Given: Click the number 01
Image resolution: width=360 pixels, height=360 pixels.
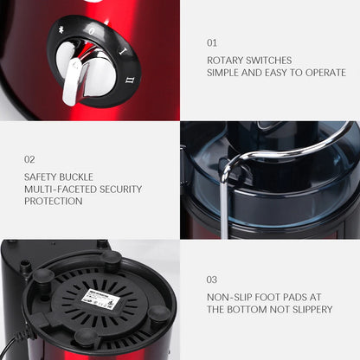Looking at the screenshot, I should click(212, 42).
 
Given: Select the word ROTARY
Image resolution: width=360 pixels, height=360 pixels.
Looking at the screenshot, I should click(227, 61).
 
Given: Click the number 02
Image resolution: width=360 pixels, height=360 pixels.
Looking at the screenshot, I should click(30, 159).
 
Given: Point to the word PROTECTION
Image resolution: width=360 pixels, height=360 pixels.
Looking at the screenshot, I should click(54, 201).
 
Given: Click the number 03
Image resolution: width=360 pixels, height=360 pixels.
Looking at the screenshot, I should click(212, 280).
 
